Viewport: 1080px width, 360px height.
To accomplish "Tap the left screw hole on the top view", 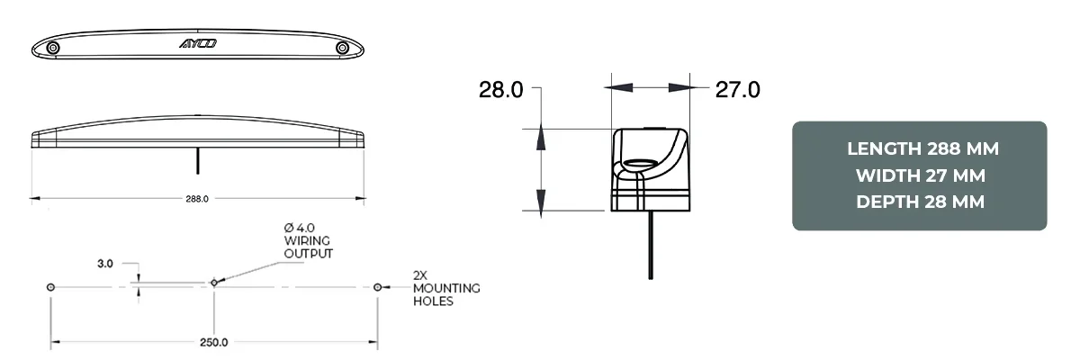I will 53,47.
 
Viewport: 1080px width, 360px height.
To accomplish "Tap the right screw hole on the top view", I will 342,47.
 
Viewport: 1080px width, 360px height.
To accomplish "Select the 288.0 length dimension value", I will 196,198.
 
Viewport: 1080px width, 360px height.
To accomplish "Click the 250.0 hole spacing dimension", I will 213,342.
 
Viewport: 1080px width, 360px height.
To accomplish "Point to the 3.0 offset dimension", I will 105,264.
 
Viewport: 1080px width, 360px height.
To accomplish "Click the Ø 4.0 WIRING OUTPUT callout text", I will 308,241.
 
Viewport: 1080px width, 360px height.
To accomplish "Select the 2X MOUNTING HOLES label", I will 445,287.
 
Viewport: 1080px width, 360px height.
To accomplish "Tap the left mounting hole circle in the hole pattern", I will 50,286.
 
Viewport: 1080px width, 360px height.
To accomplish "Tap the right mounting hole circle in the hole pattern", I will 377,286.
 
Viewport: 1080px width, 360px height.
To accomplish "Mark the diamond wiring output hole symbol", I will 213,283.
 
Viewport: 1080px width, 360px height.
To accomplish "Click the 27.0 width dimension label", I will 737,89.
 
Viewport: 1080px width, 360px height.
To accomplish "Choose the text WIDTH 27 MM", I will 919,175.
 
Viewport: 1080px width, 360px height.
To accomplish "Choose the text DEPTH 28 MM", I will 919,202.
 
